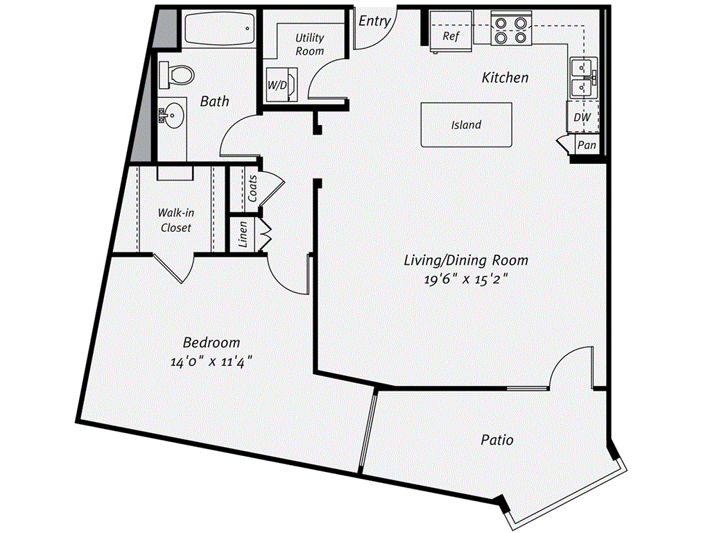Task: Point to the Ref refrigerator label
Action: coord(451,37)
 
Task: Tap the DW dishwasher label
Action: coord(582,118)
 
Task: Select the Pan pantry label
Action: coord(587,146)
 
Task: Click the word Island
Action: coord(466,125)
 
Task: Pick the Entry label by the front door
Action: coord(374,22)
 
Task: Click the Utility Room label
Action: coord(309,44)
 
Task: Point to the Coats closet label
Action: coord(253,188)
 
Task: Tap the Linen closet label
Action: coord(243,235)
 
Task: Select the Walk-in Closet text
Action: coord(175,220)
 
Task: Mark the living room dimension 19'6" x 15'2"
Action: coord(466,279)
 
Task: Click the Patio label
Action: coord(497,440)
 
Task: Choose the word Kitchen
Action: coord(505,78)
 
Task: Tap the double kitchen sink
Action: coord(582,77)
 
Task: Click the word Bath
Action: coord(215,101)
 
